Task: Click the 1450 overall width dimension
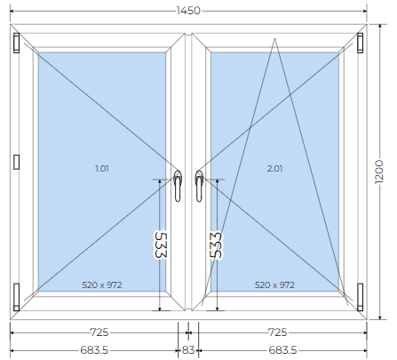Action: pyautogui.click(x=188, y=11)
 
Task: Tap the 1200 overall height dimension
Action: pyautogui.click(x=379, y=172)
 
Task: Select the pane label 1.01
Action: pyautogui.click(x=102, y=168)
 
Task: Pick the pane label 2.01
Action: pyautogui.click(x=274, y=168)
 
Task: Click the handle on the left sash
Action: pyautogui.click(x=178, y=186)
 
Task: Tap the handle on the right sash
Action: pyautogui.click(x=199, y=186)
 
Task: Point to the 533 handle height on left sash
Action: pyautogui.click(x=161, y=244)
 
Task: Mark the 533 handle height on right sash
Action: pyautogui.click(x=216, y=244)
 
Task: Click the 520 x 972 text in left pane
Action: pyautogui.click(x=102, y=284)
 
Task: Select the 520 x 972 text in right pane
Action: pyautogui.click(x=274, y=284)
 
